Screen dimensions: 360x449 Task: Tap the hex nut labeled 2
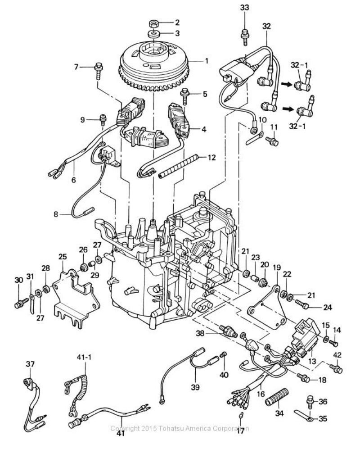click(x=154, y=23)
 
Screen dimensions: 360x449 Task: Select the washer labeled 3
click(x=154, y=34)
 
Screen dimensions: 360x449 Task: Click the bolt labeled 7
click(x=99, y=71)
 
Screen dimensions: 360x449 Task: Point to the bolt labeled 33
click(x=245, y=36)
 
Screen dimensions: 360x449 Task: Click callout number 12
click(x=211, y=158)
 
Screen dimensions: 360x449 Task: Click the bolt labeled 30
click(x=22, y=303)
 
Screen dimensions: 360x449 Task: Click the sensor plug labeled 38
click(x=228, y=331)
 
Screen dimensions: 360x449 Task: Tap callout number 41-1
click(x=85, y=358)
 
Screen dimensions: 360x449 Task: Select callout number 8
click(x=56, y=213)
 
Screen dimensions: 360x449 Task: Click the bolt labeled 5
click(x=185, y=96)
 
